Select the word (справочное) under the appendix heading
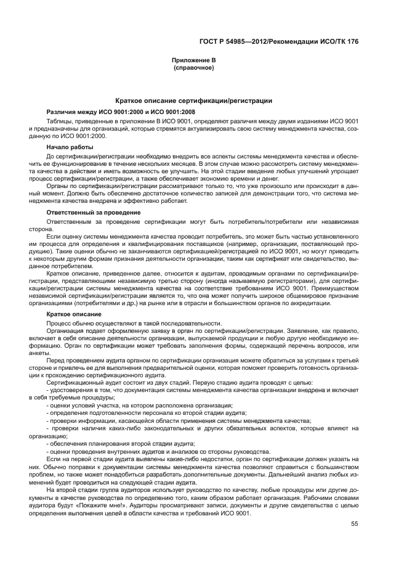[194, 68]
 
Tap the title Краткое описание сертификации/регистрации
[194, 100]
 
